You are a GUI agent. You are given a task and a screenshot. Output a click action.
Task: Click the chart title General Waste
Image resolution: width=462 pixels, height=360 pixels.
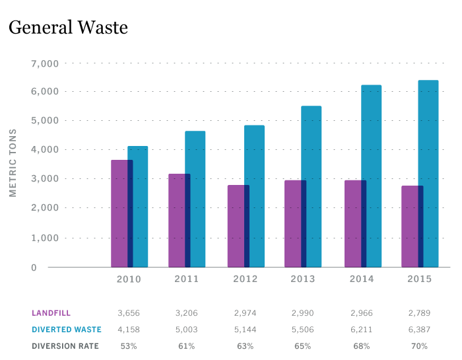pos(67,28)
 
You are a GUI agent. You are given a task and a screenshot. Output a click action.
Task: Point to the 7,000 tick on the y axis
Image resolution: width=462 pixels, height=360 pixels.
pos(45,63)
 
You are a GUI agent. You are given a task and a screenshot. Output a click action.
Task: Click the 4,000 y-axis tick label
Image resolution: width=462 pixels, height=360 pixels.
pos(45,150)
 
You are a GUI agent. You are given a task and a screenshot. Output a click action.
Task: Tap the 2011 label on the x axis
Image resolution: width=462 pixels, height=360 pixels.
pos(187,279)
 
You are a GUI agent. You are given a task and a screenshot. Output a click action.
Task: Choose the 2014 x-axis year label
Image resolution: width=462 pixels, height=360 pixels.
pos(361,279)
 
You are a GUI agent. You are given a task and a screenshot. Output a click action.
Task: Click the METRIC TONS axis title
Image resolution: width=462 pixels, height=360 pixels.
pos(13,162)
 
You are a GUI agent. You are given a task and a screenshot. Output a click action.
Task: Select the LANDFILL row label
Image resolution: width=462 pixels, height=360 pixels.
pos(51,313)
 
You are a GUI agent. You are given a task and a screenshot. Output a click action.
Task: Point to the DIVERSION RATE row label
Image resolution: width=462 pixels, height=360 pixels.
pos(65,345)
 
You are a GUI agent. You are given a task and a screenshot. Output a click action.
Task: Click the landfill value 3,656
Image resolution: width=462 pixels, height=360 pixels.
pos(129,313)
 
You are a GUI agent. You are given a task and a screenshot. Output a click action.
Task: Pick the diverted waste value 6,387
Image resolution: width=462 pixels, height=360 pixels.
pos(419,330)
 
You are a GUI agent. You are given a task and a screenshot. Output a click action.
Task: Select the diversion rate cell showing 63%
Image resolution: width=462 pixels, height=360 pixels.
pos(245,345)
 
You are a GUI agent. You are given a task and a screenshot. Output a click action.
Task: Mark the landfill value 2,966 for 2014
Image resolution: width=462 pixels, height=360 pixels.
pos(361,313)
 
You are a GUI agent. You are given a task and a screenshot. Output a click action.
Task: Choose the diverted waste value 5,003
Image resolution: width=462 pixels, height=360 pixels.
pos(187,330)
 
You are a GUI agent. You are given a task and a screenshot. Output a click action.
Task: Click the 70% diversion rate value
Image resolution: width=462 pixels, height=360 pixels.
pos(419,345)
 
